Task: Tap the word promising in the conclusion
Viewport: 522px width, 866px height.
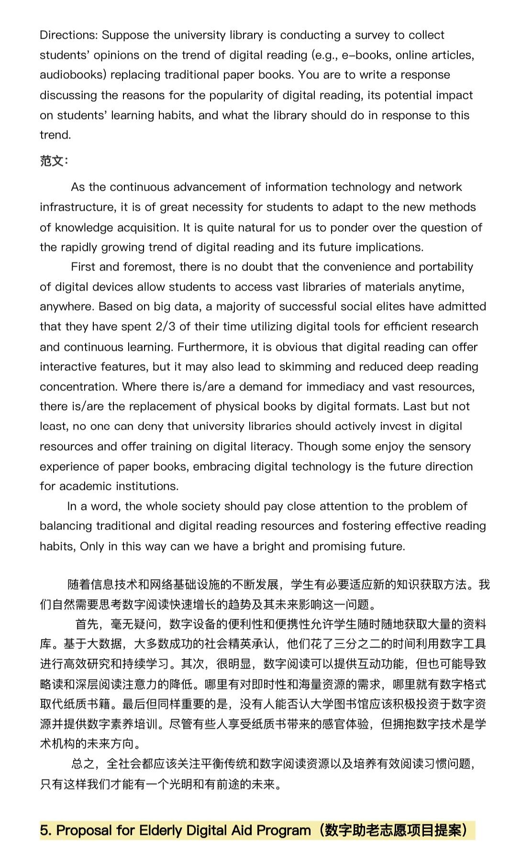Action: point(339,546)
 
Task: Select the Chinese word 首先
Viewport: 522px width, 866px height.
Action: point(87,624)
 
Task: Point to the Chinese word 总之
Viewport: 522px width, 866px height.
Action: point(83,763)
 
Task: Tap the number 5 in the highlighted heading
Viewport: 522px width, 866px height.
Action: point(45,830)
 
